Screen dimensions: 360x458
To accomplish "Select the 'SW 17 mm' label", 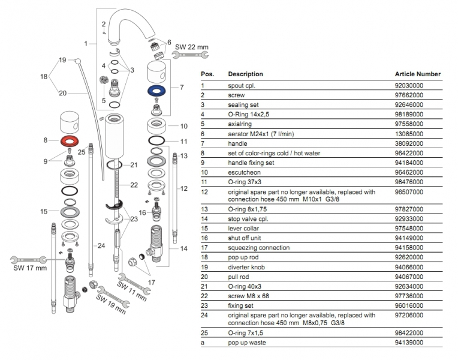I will point(30,268).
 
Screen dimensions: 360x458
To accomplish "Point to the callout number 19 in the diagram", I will point(62,60).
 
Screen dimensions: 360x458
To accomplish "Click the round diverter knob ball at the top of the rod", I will point(77,60).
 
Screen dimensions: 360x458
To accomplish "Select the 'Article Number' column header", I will point(418,74).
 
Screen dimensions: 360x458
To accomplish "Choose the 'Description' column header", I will point(245,74).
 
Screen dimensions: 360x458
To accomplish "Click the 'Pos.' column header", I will point(207,74).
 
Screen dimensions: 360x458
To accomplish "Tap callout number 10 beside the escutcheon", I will point(184,127).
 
